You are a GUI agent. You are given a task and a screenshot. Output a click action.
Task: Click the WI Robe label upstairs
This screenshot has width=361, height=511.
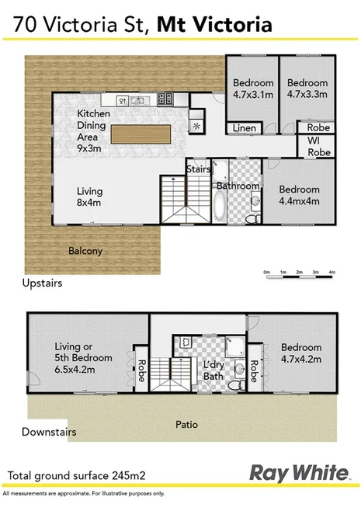point(319,148)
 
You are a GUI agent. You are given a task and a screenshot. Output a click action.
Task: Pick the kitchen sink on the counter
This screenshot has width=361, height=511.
point(125,99)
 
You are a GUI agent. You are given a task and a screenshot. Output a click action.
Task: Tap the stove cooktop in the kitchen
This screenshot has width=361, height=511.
point(165,99)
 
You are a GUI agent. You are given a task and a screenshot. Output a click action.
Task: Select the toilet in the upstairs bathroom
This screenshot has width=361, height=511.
point(250,218)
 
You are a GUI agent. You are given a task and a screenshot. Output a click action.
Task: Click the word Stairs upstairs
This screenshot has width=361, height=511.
point(196,168)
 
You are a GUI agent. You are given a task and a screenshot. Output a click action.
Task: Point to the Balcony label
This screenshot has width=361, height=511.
point(85,251)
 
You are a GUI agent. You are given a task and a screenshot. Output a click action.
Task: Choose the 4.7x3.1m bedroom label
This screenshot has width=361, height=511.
point(254,89)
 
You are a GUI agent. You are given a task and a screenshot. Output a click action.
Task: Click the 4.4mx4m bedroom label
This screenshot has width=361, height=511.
point(299,194)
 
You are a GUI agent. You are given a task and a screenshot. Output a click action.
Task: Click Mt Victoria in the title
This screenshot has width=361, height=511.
point(214,26)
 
